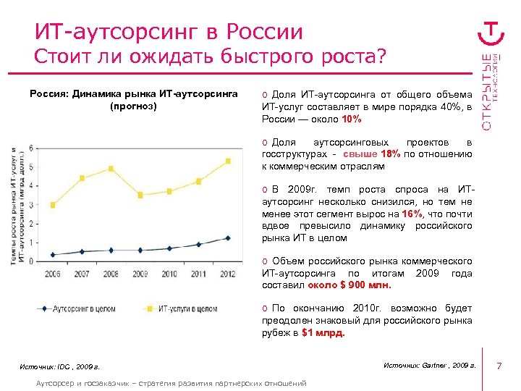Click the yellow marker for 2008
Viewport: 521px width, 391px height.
click(111, 169)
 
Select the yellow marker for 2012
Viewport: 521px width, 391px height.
click(228, 161)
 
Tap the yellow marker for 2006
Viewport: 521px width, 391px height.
click(53, 205)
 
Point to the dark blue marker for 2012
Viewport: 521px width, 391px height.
click(228, 237)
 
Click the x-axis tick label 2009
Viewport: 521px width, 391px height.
click(140, 274)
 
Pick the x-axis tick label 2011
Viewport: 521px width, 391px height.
click(198, 274)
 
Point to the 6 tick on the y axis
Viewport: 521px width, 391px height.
click(31, 148)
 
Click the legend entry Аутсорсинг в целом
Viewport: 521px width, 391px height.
click(80, 308)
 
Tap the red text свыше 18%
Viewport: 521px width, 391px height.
click(371, 154)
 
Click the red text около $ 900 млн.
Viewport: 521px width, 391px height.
click(344, 285)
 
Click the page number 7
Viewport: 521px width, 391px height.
click(499, 367)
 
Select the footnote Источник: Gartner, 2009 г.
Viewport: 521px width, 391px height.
click(428, 366)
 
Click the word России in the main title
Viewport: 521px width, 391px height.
click(264, 32)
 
